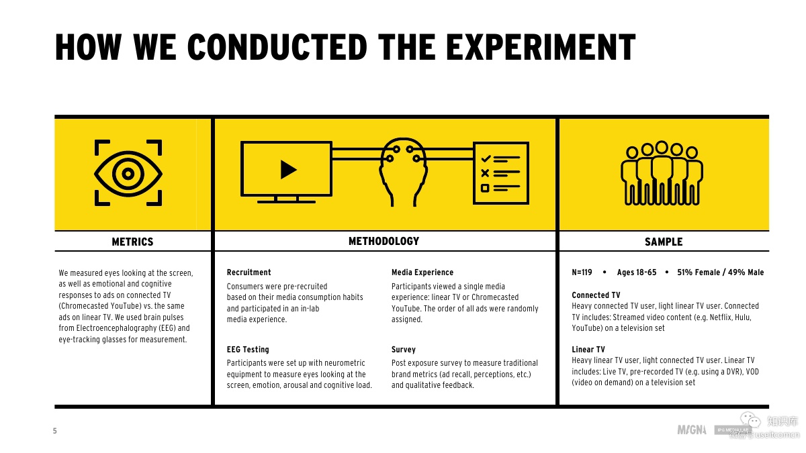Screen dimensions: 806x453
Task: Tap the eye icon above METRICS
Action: pyautogui.click(x=128, y=173)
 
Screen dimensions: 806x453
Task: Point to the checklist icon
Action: pyautogui.click(x=500, y=172)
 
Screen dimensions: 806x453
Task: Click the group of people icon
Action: pyautogui.click(x=662, y=172)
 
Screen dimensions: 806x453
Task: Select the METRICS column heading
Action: pyautogui.click(x=132, y=242)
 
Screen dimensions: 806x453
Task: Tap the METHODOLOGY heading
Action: pyautogui.click(x=384, y=241)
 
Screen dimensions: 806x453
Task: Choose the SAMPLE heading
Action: pyautogui.click(x=663, y=242)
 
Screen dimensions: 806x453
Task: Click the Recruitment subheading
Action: pyautogui.click(x=249, y=272)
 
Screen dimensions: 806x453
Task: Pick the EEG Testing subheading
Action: pyautogui.click(x=248, y=350)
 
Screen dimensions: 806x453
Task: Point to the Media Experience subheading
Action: pyautogui.click(x=422, y=272)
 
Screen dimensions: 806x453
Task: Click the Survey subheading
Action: pyautogui.click(x=404, y=350)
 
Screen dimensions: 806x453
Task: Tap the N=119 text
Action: pyautogui.click(x=582, y=272)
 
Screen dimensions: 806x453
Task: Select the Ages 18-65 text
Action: pyautogui.click(x=636, y=272)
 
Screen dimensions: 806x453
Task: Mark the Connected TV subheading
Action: pyautogui.click(x=596, y=295)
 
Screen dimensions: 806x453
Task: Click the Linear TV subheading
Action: pyautogui.click(x=588, y=350)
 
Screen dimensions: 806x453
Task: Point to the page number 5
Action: pyautogui.click(x=55, y=432)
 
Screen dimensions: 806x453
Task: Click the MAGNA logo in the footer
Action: pyautogui.click(x=692, y=430)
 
